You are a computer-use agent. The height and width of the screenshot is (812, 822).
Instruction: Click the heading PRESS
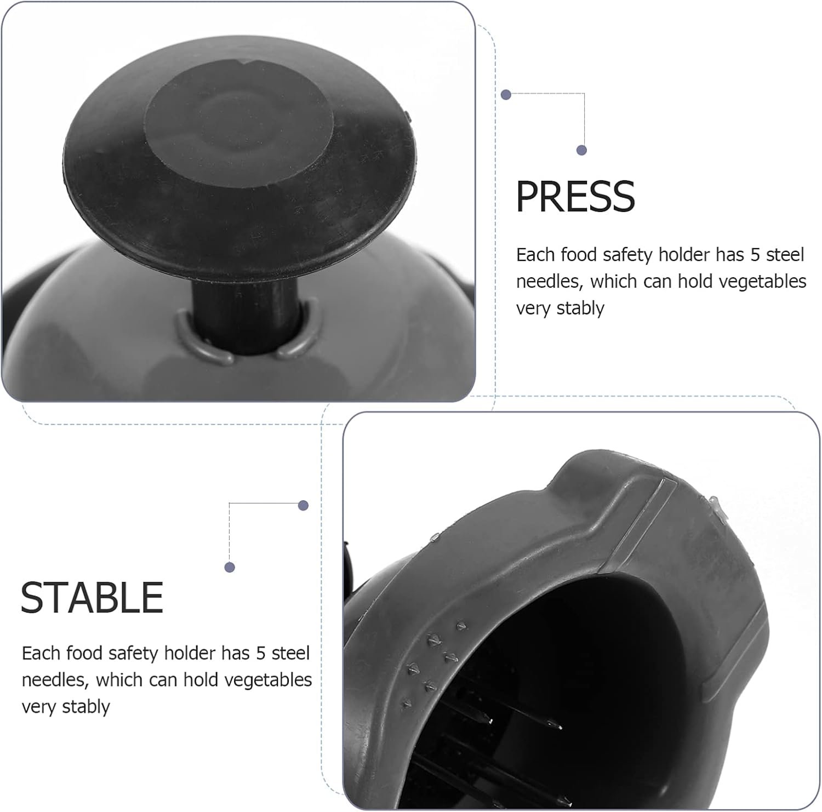pyautogui.click(x=575, y=196)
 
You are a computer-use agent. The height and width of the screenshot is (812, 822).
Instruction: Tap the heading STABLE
pyautogui.click(x=92, y=597)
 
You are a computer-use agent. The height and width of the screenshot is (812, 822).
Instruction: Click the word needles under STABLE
pyautogui.click(x=54, y=680)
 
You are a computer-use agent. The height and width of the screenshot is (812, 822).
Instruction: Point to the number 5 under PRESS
pyautogui.click(x=756, y=255)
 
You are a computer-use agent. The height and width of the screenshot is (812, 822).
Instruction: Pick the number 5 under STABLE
pyautogui.click(x=261, y=653)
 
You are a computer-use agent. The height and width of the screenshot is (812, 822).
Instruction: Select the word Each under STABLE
pyautogui.click(x=41, y=653)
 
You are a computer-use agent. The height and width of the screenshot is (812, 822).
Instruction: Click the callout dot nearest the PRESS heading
pyautogui.click(x=582, y=150)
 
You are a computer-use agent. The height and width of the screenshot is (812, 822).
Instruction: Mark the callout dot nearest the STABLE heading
pyautogui.click(x=230, y=567)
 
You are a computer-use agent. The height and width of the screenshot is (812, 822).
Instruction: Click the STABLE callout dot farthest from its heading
pyautogui.click(x=303, y=505)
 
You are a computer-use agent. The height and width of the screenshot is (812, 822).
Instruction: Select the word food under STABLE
pyautogui.click(x=84, y=653)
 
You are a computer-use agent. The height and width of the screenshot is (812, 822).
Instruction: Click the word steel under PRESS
pyautogui.click(x=785, y=255)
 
